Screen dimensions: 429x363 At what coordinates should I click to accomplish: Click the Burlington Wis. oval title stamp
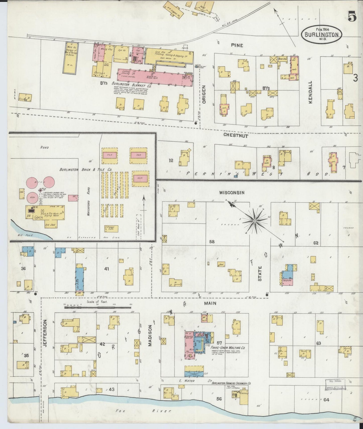[x=321, y=35]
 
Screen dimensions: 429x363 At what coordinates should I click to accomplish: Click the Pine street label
[x=237, y=45]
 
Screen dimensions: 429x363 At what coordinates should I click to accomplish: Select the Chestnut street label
[x=236, y=136]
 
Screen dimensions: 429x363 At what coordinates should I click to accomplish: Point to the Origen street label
[x=204, y=94]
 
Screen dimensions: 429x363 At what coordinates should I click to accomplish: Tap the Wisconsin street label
[x=231, y=193]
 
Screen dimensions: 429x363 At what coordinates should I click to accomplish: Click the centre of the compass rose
[x=254, y=221]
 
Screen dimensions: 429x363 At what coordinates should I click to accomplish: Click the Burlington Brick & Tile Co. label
[x=86, y=170]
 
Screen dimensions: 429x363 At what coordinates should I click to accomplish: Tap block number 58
[x=212, y=242]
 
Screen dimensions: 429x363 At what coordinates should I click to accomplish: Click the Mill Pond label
[x=19, y=236]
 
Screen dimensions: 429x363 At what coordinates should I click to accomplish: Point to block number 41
[x=107, y=269]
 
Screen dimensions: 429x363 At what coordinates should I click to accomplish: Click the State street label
[x=260, y=274]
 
